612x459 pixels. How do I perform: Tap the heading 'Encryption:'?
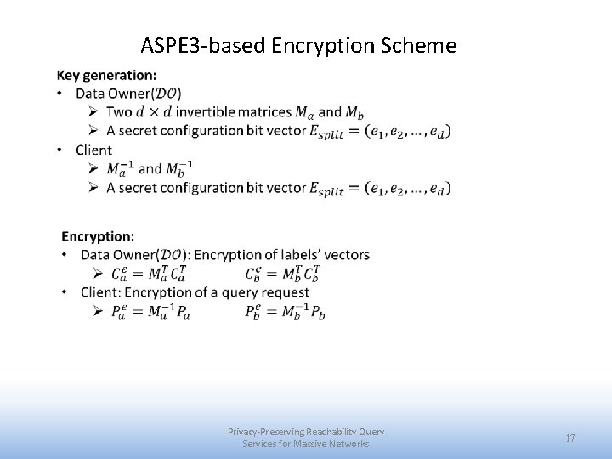tap(98, 235)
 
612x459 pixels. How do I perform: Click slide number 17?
tap(570, 438)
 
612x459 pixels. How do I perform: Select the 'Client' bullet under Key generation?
tap(93, 150)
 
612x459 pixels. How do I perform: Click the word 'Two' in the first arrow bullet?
tap(120, 112)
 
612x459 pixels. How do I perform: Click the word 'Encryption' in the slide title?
tap(323, 45)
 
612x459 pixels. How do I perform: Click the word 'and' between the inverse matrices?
tap(150, 168)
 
